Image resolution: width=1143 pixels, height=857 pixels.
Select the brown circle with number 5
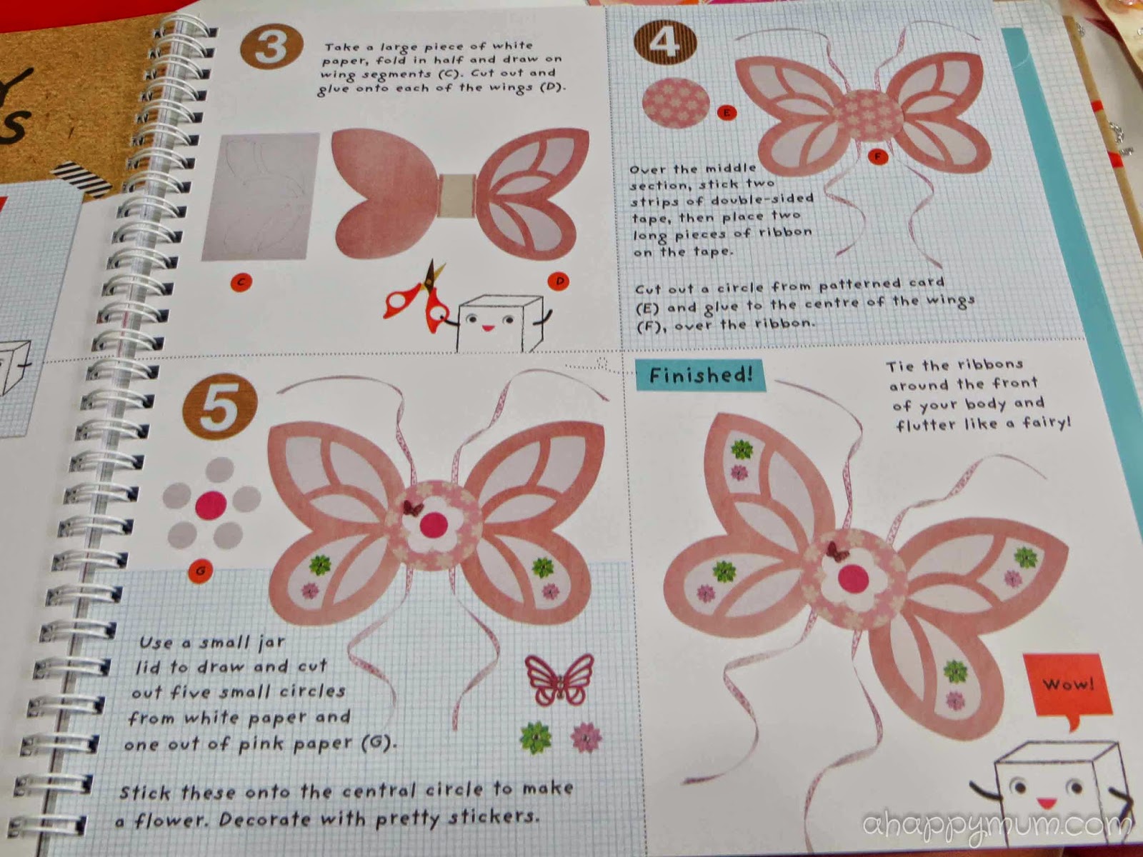[x=220, y=406]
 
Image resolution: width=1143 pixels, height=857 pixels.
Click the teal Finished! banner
[x=700, y=375]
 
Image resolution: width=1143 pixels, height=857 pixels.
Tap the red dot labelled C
[x=241, y=283]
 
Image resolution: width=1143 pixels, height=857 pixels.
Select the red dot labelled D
[x=559, y=281]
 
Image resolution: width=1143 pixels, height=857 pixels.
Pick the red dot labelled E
[x=727, y=112]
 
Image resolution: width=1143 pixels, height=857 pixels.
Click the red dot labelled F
[x=878, y=156]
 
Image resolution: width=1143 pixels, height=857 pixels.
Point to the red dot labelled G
[x=200, y=571]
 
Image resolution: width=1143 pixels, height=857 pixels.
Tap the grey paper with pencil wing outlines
[x=260, y=196]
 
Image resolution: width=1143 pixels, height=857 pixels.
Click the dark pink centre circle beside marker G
[x=211, y=505]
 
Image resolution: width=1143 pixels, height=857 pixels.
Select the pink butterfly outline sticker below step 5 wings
[x=559, y=680]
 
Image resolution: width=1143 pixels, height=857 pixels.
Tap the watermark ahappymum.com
[x=996, y=825]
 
